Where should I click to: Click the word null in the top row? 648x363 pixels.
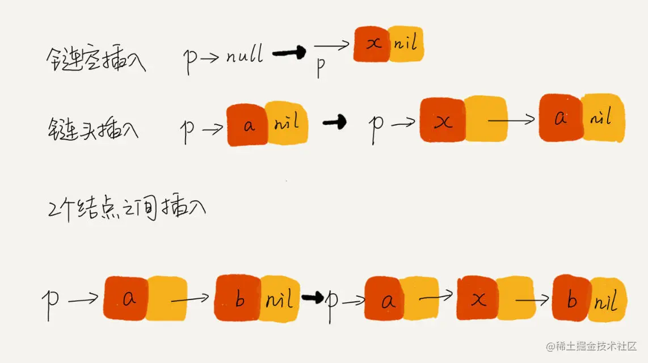(x=245, y=56)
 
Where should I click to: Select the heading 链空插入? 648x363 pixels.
(x=95, y=60)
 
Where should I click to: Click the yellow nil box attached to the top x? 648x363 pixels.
(x=406, y=44)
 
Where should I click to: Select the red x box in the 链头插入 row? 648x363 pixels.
(x=443, y=120)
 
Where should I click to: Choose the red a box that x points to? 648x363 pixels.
(x=561, y=117)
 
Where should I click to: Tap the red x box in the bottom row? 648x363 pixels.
(x=478, y=299)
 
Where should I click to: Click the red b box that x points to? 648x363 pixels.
(x=571, y=298)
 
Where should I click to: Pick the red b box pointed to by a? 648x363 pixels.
(x=238, y=298)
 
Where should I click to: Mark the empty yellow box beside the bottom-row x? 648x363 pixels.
(x=515, y=299)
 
